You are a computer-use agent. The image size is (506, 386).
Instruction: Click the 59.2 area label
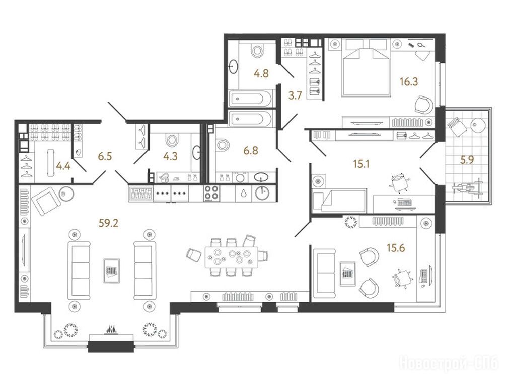109,223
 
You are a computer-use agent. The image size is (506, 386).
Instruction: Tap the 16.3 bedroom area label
409,82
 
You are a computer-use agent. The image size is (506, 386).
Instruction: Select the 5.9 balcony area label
467,160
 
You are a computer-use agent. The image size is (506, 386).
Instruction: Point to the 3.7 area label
295,95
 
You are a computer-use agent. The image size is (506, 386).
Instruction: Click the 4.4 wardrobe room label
63,166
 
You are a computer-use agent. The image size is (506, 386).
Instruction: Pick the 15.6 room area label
396,248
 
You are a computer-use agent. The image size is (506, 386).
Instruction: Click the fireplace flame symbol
110,330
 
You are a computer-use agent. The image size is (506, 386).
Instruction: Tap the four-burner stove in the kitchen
211,193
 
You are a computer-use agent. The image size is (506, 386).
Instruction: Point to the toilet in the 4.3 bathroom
172,140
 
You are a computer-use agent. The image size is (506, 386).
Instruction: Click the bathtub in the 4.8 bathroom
250,98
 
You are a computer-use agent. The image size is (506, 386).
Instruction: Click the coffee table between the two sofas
112,271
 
